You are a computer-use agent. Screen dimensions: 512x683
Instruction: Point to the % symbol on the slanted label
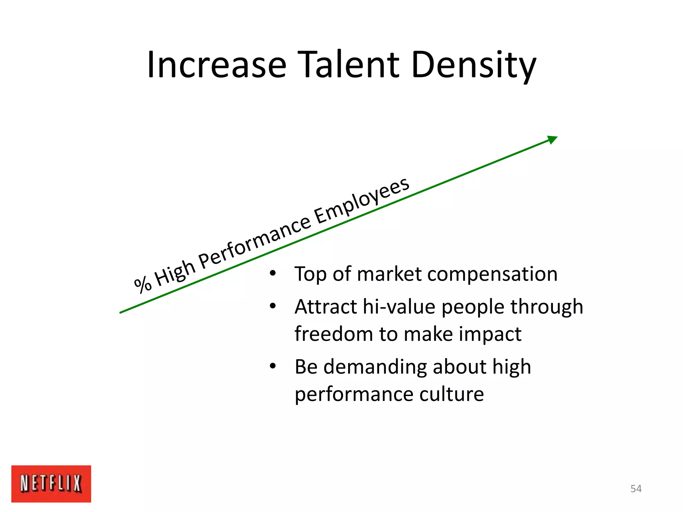143,284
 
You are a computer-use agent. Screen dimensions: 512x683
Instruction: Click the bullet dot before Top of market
273,274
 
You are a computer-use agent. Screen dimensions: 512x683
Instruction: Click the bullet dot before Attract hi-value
273,306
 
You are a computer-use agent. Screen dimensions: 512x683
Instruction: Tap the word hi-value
399,307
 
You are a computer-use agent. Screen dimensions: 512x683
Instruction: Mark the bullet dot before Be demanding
273,366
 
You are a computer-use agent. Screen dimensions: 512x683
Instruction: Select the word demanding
375,367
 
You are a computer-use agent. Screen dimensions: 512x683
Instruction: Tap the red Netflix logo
51,484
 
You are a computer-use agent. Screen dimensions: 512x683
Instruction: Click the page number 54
636,489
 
